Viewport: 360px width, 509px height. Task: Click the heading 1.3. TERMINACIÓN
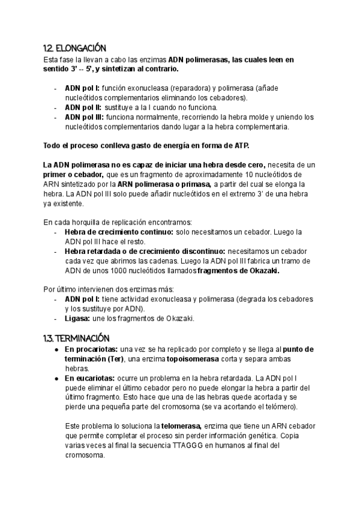coord(77,338)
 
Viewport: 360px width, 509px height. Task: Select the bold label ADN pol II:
coord(83,107)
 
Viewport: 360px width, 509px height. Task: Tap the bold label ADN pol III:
coord(85,117)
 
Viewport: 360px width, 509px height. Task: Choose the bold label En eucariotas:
coord(90,378)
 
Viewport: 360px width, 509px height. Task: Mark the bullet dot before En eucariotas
coord(56,378)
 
